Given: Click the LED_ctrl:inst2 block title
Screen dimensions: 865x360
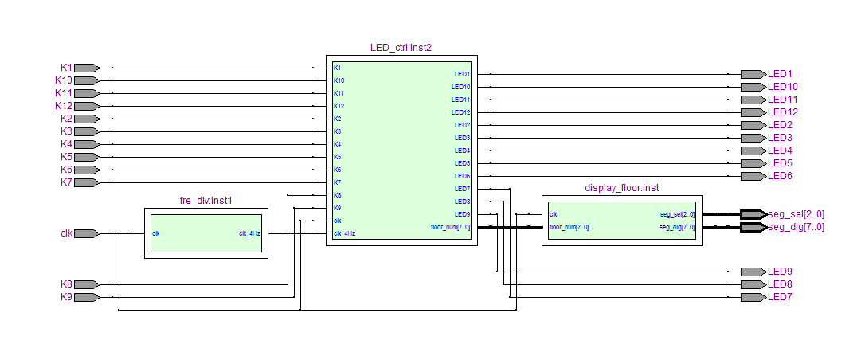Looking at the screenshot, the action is pyautogui.click(x=401, y=48).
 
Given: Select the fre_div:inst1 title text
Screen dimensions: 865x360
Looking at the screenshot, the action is pyautogui.click(x=205, y=201).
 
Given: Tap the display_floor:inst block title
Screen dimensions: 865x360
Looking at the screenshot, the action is pyautogui.click(x=622, y=188).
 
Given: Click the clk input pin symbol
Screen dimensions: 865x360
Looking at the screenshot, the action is pyautogui.click(x=87, y=233).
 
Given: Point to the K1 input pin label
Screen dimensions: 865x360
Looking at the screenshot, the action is pyautogui.click(x=66, y=68).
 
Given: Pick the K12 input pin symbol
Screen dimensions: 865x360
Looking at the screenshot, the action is pyautogui.click(x=87, y=106).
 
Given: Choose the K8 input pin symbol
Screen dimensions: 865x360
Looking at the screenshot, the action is pyautogui.click(x=87, y=284).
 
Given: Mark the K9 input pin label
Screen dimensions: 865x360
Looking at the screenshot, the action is pyautogui.click(x=66, y=297).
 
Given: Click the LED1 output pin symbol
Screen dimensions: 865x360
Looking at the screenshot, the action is pyautogui.click(x=753, y=74).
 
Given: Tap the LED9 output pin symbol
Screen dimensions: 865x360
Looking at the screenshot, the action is pyautogui.click(x=753, y=272).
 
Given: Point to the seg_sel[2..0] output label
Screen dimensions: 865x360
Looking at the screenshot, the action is pyautogui.click(x=796, y=214).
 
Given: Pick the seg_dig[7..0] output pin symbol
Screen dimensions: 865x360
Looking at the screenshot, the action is pyautogui.click(x=753, y=227).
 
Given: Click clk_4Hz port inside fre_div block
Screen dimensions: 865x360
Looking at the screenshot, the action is pyautogui.click(x=249, y=233).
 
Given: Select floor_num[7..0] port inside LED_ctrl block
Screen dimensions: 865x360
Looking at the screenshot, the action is pyautogui.click(x=450, y=226).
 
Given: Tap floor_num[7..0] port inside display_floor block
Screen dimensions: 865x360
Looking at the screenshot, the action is pyautogui.click(x=569, y=226).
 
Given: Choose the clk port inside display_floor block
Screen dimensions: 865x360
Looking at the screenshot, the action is pyautogui.click(x=554, y=214).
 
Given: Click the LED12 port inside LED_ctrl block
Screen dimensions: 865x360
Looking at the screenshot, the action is pyautogui.click(x=460, y=112).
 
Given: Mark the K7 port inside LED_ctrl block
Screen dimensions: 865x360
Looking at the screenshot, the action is pyautogui.click(x=337, y=182).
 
